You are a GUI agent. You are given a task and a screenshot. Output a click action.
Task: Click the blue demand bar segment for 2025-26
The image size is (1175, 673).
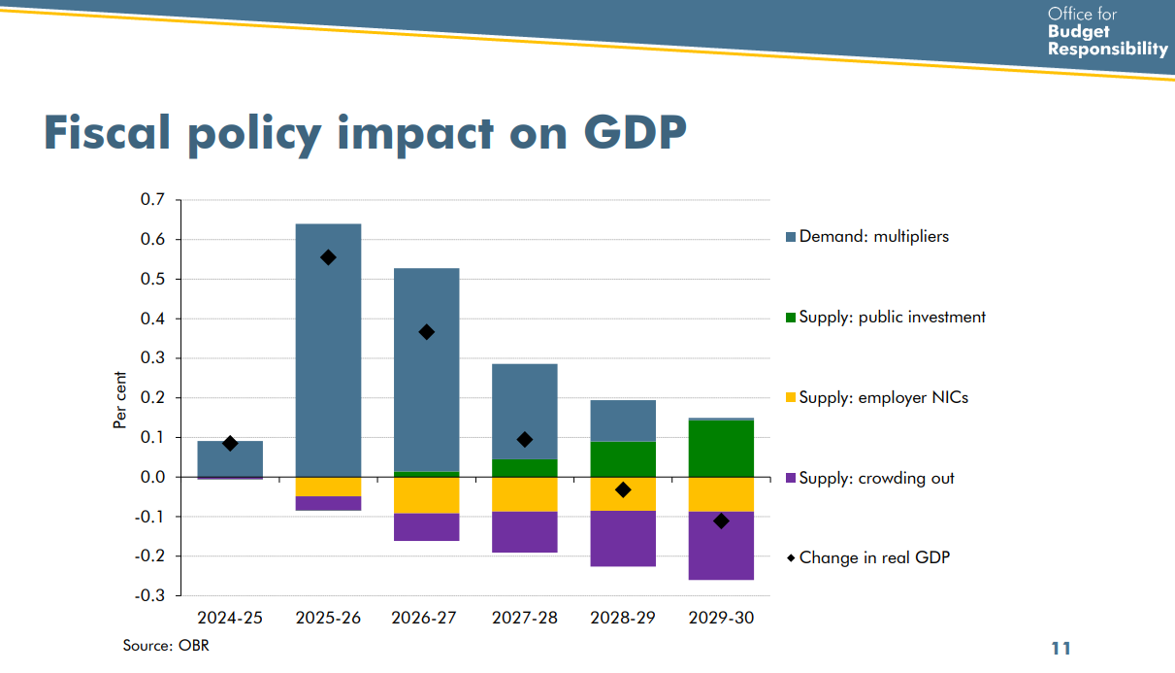coord(328,369)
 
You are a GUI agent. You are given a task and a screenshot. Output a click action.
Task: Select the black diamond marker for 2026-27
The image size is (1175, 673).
coord(426,332)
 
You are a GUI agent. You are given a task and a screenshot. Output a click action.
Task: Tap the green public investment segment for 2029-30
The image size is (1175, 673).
coord(721,449)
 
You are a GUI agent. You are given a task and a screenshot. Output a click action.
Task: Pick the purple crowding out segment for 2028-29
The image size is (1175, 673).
coord(623,539)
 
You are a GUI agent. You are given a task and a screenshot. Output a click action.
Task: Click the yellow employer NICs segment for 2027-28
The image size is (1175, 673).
coord(525,494)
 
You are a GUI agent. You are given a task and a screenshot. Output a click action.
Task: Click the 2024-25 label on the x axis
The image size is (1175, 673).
coord(230,619)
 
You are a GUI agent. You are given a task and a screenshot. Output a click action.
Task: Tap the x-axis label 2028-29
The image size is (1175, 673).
coord(623,619)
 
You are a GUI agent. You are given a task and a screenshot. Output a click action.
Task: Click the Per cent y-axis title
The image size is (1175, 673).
coord(120,399)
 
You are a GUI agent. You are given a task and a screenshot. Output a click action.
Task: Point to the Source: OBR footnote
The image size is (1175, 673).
coord(166,645)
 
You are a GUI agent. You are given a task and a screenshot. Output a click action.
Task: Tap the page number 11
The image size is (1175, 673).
coord(1061,648)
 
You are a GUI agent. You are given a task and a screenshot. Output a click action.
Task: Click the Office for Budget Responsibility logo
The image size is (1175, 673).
coord(1107,32)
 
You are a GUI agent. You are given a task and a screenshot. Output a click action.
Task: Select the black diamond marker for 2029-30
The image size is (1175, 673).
coord(721,522)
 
